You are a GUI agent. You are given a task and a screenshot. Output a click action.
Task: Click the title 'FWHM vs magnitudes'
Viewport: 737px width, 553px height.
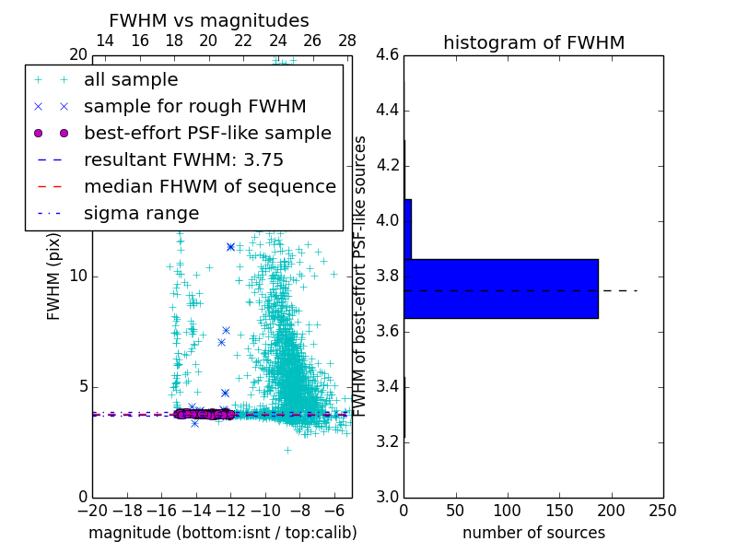point(209,20)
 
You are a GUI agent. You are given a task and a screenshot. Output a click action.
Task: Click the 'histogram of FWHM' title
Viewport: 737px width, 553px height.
point(533,42)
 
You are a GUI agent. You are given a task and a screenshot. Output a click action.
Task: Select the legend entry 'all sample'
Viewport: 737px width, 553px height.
point(131,80)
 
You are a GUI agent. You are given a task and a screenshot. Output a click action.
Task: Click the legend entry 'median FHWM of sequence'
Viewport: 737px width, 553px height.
point(209,186)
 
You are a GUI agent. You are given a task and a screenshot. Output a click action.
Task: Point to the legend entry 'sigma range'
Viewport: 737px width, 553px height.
point(141,213)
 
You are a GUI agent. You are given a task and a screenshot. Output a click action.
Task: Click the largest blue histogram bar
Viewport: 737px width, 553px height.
point(501,288)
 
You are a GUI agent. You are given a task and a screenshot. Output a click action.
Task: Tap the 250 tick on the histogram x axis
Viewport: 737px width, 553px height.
point(662,510)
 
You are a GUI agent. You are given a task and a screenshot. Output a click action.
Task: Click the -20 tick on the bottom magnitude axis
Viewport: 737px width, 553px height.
point(92,510)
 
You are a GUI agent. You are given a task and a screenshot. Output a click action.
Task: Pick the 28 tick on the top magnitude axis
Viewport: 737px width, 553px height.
point(347,41)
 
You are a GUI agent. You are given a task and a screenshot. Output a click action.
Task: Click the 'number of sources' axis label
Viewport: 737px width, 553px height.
point(533,533)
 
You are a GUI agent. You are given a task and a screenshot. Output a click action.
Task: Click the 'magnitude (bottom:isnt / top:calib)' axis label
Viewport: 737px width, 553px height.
point(222,533)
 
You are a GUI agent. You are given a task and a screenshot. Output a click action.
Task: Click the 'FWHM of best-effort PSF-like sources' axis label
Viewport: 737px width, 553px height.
point(361,276)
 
